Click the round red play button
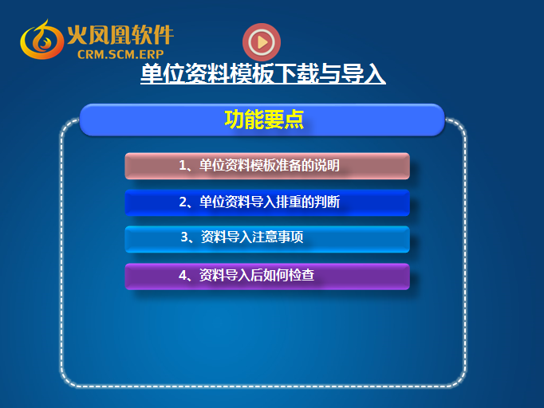click(262, 42)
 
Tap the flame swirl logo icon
click(41, 40)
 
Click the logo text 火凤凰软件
click(120, 35)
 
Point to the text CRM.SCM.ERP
click(120, 54)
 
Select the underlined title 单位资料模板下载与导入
click(263, 73)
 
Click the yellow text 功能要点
click(264, 120)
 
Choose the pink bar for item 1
click(267, 166)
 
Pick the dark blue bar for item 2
click(267, 202)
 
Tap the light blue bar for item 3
click(267, 239)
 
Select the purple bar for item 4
click(267, 277)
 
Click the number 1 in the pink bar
click(183, 165)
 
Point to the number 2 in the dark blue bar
click(183, 202)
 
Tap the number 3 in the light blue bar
click(184, 237)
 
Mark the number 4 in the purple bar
click(183, 275)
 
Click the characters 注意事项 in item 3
click(278, 237)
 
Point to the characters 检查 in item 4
click(302, 275)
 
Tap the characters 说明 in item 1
click(327, 165)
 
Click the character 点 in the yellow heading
click(294, 120)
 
